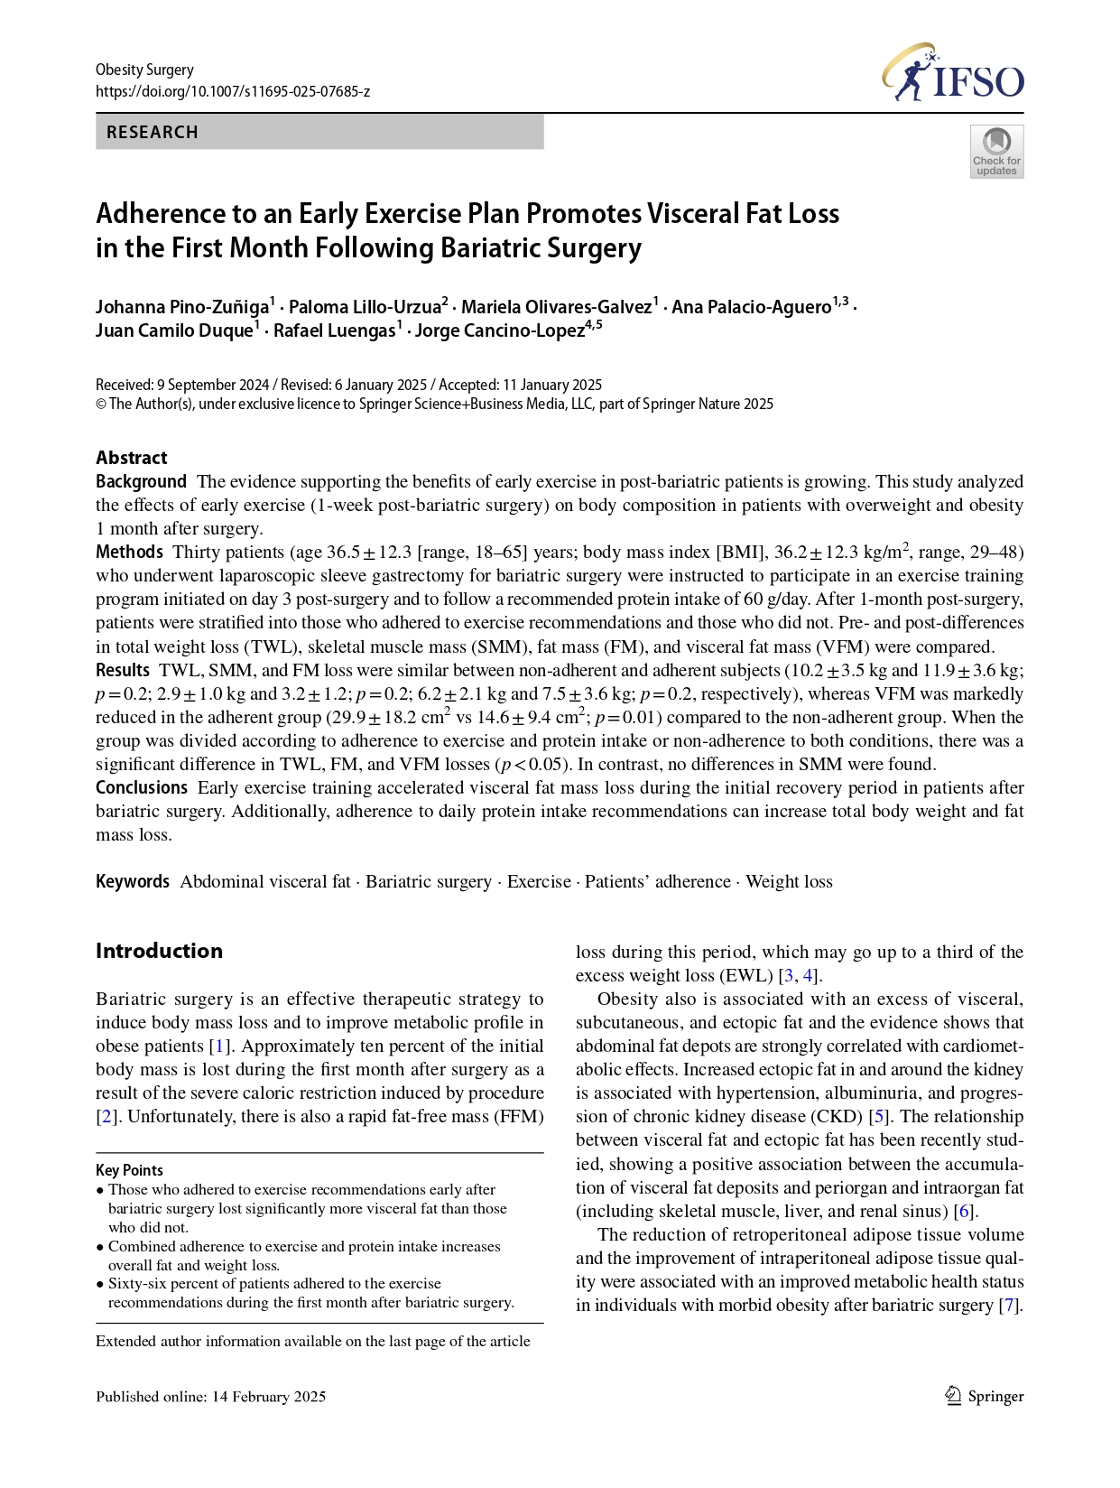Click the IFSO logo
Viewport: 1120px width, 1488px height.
click(x=953, y=73)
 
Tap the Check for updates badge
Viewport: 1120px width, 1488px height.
click(x=996, y=152)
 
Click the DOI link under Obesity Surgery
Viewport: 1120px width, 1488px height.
click(x=233, y=92)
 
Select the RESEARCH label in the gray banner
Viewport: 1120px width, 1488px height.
click(x=153, y=132)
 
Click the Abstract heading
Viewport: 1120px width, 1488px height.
click(x=132, y=458)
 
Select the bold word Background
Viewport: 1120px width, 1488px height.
click(x=141, y=481)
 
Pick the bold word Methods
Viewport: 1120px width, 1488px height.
click(x=129, y=552)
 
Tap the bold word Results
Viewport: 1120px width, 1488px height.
click(x=123, y=670)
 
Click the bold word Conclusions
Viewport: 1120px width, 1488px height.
click(x=142, y=787)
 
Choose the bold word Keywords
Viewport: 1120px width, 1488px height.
click(x=133, y=881)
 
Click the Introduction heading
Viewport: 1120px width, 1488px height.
click(x=159, y=951)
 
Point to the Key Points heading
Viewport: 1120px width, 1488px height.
click(x=130, y=1170)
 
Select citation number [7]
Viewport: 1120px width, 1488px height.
click(x=1010, y=1306)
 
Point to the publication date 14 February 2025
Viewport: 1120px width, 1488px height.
click(x=269, y=1397)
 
